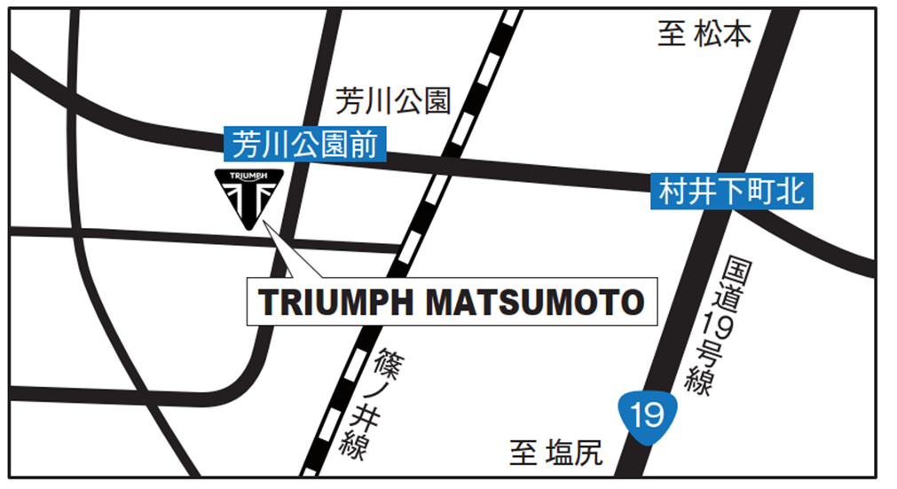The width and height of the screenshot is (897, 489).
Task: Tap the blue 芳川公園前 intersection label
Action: pyautogui.click(x=304, y=144)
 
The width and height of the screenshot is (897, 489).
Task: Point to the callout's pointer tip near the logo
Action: pyautogui.click(x=267, y=223)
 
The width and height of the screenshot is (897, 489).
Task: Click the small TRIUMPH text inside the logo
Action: pyautogui.click(x=249, y=177)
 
